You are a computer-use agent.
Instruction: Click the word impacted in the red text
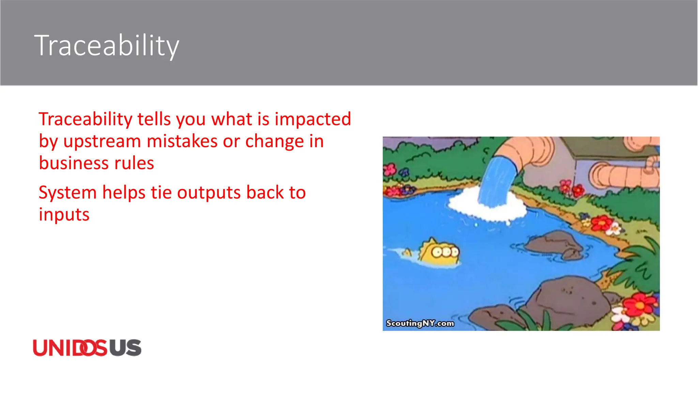point(313,119)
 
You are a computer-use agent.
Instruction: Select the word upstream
point(102,141)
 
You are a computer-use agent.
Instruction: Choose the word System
point(67,192)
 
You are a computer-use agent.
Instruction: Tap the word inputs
point(64,215)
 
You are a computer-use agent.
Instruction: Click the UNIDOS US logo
point(87,348)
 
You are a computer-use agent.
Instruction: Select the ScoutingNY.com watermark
point(420,323)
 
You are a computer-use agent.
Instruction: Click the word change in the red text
point(274,141)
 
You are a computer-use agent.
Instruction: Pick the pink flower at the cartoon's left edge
point(390,169)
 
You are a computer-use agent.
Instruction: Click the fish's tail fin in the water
point(407,253)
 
